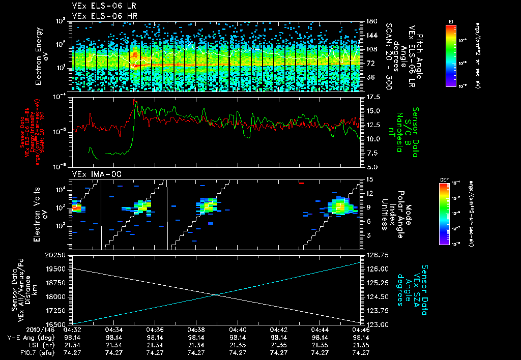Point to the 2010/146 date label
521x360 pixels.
[x=18, y=331]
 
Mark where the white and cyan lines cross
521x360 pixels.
[x=216, y=295]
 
